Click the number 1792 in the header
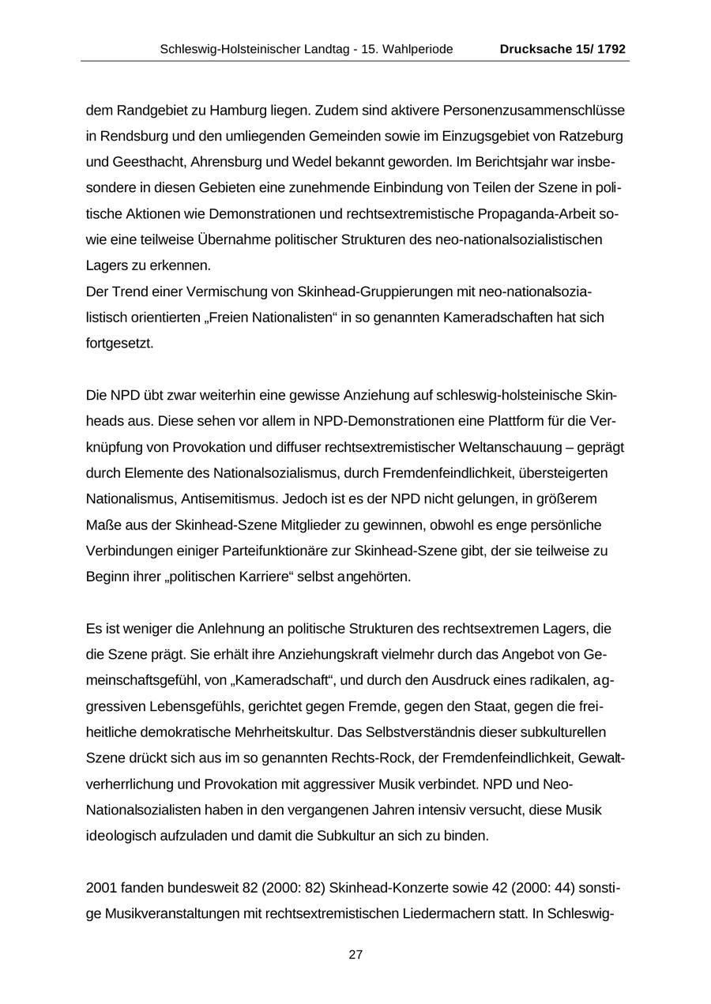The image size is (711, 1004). [611, 49]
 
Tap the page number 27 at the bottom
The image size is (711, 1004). [355, 954]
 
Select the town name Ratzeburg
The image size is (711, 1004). [592, 136]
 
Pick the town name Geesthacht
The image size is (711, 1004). [146, 162]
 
